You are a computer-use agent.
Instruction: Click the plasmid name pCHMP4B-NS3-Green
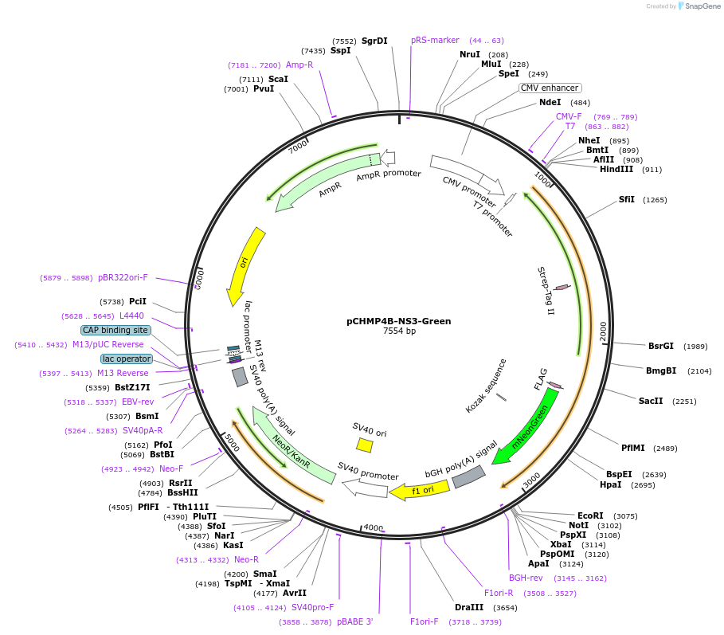click(398, 321)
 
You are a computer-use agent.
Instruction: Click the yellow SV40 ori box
click(364, 445)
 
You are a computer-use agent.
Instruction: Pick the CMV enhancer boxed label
click(550, 88)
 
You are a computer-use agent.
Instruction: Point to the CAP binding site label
click(115, 330)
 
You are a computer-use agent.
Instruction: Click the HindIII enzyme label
click(616, 169)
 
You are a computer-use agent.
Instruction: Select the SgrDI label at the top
click(374, 41)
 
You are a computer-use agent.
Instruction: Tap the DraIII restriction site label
click(469, 607)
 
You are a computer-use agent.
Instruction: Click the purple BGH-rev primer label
click(526, 578)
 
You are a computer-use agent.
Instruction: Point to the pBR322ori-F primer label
click(123, 277)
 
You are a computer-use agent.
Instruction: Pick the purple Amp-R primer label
click(299, 65)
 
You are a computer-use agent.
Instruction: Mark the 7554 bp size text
click(398, 331)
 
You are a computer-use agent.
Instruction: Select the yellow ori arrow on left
click(244, 265)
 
